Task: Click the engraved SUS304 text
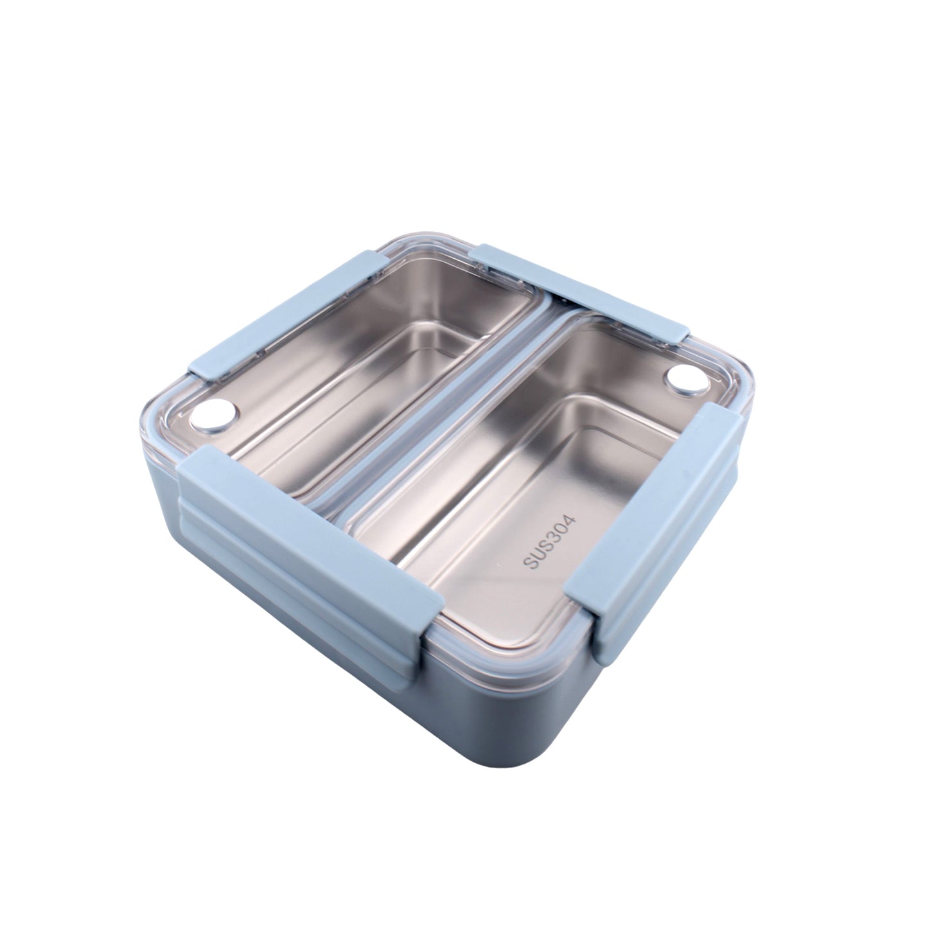551,542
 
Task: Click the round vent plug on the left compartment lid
214,415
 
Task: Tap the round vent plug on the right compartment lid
687,378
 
